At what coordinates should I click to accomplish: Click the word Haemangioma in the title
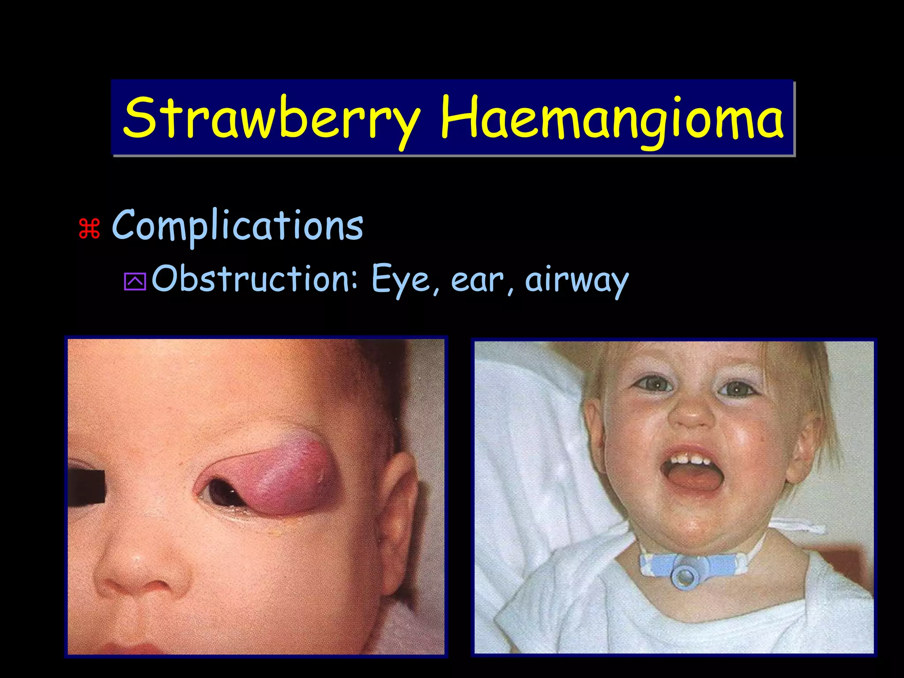pyautogui.click(x=612, y=118)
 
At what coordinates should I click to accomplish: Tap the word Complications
pyautogui.click(x=237, y=226)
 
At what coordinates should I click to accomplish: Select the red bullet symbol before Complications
pyautogui.click(x=89, y=229)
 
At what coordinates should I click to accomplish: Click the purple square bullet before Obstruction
pyautogui.click(x=135, y=282)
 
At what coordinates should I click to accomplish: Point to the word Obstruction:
pyautogui.click(x=254, y=279)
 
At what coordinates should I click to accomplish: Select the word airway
pyautogui.click(x=576, y=281)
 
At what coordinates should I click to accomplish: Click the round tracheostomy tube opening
pyautogui.click(x=684, y=576)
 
